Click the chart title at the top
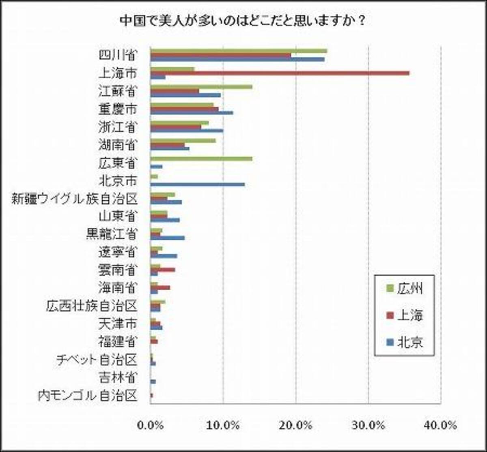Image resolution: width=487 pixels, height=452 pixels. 243,20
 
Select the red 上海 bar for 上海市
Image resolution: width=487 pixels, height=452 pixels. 280,73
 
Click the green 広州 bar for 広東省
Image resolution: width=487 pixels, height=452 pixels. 201,159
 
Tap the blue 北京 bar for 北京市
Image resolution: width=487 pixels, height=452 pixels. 198,184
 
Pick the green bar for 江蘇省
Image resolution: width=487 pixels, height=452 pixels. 201,86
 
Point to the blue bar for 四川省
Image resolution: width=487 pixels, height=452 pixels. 237,59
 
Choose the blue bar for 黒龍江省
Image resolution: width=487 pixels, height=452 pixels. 168,238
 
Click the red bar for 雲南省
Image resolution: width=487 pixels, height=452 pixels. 163,269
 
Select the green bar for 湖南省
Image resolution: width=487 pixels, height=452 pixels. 183,141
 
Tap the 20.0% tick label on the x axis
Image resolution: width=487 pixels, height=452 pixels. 296,425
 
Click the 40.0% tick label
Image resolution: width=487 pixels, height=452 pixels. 441,425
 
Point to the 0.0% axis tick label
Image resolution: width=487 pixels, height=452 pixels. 151,425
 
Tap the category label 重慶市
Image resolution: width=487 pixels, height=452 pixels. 118,109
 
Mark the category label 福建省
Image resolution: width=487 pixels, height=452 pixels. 118,342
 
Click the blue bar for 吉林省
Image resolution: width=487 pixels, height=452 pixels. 153,381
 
